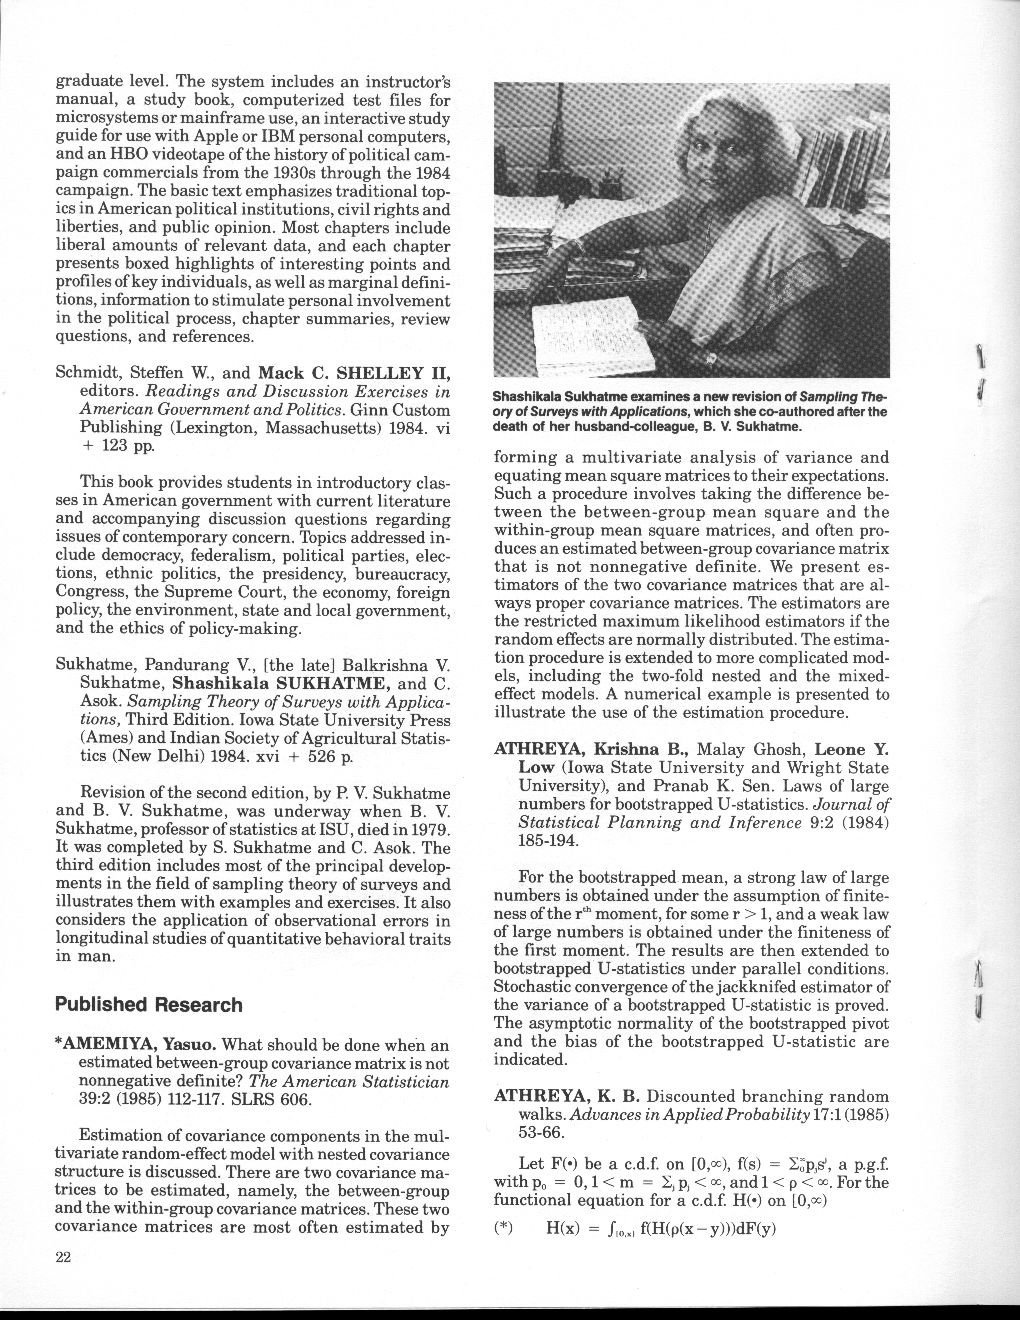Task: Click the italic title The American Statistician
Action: coord(349,1081)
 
